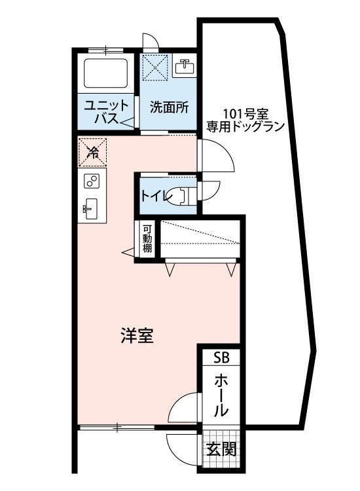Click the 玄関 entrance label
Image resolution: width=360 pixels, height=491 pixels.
[x=221, y=451]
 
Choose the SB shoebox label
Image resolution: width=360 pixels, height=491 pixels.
[x=221, y=358]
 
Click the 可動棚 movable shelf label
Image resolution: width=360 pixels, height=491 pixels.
[x=147, y=240]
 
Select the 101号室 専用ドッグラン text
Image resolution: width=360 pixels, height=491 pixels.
[x=245, y=119]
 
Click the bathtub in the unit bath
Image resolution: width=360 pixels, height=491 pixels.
[x=105, y=73]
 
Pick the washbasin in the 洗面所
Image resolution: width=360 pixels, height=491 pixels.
[x=184, y=66]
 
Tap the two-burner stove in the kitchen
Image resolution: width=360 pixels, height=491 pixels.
[x=91, y=181]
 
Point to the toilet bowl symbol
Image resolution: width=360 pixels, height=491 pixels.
[x=179, y=194]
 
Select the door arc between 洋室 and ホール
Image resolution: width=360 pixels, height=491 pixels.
[x=185, y=407]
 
